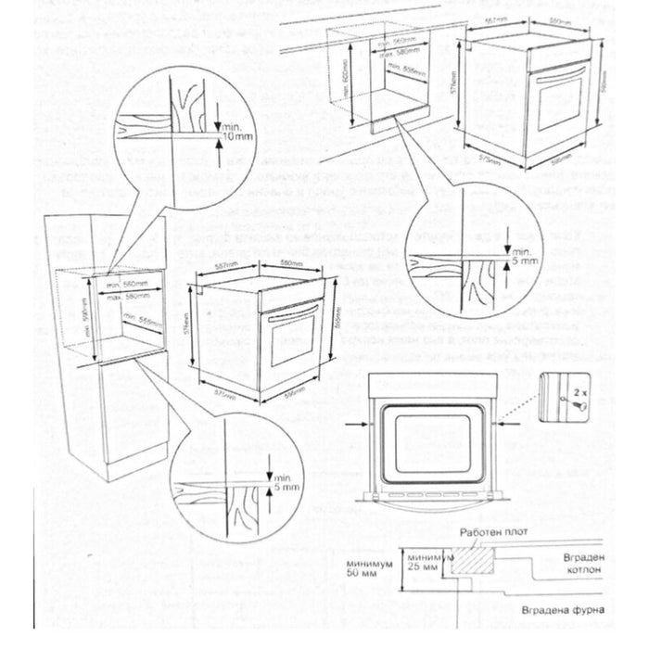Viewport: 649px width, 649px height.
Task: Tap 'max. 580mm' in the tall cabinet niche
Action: coord(127,296)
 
